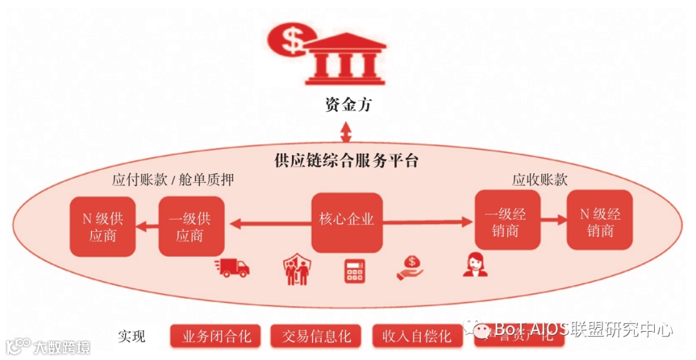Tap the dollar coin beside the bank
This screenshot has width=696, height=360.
point(288,41)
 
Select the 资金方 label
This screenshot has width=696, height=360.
point(348,104)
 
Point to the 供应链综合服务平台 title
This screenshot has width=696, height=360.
point(346,160)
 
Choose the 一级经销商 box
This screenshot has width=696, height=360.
point(506,221)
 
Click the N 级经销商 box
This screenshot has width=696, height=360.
point(599,221)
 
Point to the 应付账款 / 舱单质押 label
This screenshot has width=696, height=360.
point(173,180)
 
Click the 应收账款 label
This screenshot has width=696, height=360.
point(540,180)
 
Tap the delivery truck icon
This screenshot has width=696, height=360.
point(233,267)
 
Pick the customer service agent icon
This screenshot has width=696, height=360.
point(475,265)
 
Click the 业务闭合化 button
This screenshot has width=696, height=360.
point(215,336)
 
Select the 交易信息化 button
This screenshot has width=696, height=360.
point(316,336)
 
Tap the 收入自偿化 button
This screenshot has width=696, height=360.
point(417,336)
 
